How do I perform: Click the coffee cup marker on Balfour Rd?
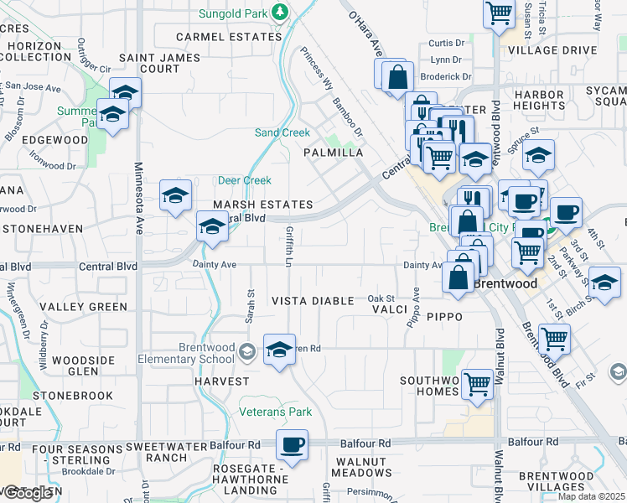point(292,445)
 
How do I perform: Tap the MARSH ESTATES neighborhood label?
point(262,205)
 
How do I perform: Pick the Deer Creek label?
point(245,180)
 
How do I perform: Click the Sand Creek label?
point(282,132)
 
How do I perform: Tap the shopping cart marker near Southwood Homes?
point(477,384)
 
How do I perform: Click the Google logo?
point(27,494)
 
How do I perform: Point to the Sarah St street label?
point(250,305)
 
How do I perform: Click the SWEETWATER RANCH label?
point(165,454)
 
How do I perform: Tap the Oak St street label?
point(380,298)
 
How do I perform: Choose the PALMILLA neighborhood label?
point(333,153)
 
